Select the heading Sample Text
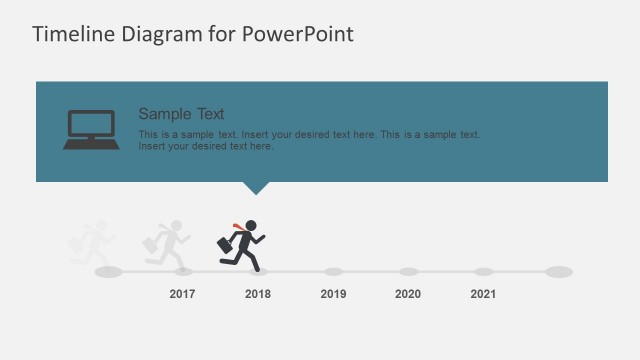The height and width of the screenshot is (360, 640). [x=181, y=114]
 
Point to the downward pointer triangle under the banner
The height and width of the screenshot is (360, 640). [x=257, y=187]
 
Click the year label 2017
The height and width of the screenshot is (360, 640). [x=182, y=294]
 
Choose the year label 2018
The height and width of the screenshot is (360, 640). [x=258, y=294]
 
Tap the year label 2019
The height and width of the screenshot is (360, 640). [x=333, y=294]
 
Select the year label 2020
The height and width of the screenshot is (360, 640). [x=408, y=294]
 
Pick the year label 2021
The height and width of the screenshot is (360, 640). [x=483, y=294]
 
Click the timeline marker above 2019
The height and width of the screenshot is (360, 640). [x=333, y=271]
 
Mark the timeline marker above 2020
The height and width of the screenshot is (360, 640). [x=408, y=271]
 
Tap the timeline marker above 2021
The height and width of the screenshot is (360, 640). [x=483, y=271]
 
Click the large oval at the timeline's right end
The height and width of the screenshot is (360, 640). [x=559, y=271]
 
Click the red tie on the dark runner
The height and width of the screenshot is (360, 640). [x=238, y=227]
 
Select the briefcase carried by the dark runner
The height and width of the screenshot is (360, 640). [x=226, y=243]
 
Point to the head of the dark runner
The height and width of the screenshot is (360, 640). [x=252, y=225]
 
